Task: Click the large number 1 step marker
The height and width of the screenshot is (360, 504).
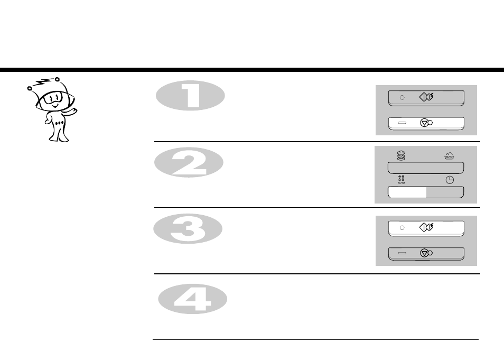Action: click(x=190, y=96)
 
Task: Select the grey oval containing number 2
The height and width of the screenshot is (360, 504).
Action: click(x=189, y=162)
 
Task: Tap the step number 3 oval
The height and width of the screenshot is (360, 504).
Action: click(x=188, y=229)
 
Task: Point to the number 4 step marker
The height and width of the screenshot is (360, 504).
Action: click(x=192, y=299)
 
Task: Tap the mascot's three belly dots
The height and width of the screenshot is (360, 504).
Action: click(x=59, y=123)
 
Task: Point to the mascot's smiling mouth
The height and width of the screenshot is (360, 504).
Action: click(x=55, y=105)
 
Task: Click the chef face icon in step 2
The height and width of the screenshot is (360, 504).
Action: click(x=401, y=156)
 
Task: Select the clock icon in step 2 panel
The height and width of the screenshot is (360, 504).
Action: click(x=450, y=180)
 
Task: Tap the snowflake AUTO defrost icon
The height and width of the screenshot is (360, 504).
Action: click(x=401, y=180)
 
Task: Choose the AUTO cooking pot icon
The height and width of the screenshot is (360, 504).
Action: click(x=449, y=156)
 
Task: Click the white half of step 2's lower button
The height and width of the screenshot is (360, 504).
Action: click(x=407, y=192)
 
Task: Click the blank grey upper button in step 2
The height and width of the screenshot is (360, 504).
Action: click(x=426, y=168)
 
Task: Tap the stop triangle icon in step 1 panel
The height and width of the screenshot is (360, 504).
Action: click(x=425, y=123)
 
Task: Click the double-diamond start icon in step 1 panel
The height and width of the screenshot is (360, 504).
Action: click(x=426, y=97)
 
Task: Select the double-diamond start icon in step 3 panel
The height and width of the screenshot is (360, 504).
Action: click(x=426, y=227)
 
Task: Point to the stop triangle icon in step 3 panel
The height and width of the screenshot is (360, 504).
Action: click(x=425, y=253)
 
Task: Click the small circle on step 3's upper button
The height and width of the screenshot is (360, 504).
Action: click(x=402, y=228)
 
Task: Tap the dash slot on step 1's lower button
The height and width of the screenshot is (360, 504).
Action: click(x=402, y=123)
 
